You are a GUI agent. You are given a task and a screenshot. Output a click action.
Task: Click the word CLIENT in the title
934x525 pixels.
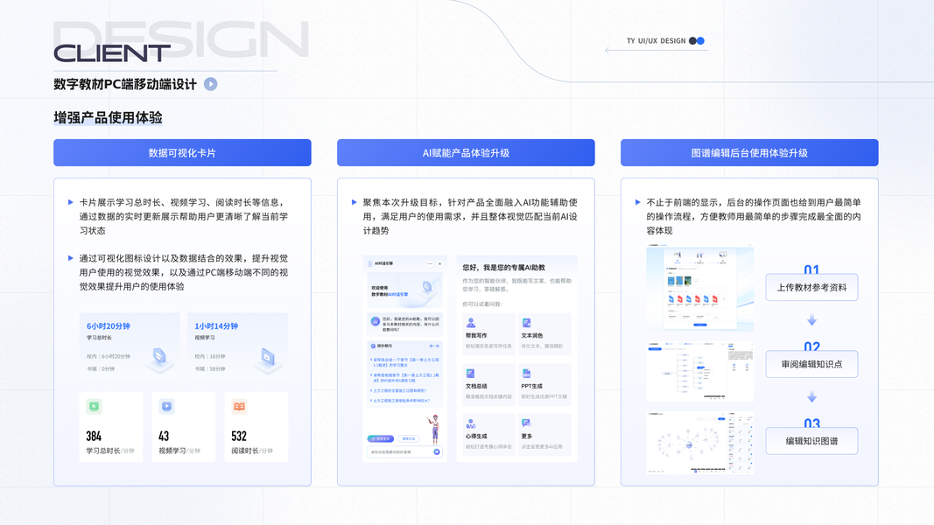[112, 53]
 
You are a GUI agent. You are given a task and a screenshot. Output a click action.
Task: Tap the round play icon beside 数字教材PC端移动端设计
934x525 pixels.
[211, 84]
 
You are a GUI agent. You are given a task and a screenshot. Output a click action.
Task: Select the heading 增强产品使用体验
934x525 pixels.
[108, 117]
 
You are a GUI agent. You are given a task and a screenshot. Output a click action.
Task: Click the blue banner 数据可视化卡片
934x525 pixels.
[182, 152]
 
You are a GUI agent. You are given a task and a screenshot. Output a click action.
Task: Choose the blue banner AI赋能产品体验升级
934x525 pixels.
[466, 152]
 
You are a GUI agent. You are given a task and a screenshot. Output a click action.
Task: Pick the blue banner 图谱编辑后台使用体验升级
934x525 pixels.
[749, 152]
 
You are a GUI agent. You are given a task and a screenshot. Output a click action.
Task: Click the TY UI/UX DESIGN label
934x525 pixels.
[656, 41]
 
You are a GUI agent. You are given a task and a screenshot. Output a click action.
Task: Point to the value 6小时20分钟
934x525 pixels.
[109, 325]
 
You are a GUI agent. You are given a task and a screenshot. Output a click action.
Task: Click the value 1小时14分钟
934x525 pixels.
[216, 325]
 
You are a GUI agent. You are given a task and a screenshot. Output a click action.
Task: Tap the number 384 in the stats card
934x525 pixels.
[94, 436]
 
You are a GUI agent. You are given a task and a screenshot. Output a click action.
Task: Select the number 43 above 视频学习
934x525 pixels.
[164, 436]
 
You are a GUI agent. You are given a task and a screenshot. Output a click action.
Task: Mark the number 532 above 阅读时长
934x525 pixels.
[239, 436]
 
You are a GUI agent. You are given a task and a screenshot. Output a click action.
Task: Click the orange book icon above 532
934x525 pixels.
[239, 406]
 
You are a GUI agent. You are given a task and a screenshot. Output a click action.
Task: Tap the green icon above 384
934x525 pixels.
[95, 406]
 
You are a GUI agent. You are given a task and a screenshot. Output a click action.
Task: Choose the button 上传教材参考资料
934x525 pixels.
[811, 287]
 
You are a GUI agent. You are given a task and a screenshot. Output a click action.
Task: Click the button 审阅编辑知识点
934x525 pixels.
[811, 364]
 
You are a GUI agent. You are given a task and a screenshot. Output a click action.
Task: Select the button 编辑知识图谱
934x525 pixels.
[811, 441]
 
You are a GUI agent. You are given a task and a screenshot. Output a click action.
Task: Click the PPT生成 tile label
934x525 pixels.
[531, 386]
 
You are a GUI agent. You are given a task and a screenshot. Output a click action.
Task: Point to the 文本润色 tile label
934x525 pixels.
[531, 335]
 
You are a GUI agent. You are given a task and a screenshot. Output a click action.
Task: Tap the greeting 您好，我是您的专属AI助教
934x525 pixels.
[504, 268]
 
